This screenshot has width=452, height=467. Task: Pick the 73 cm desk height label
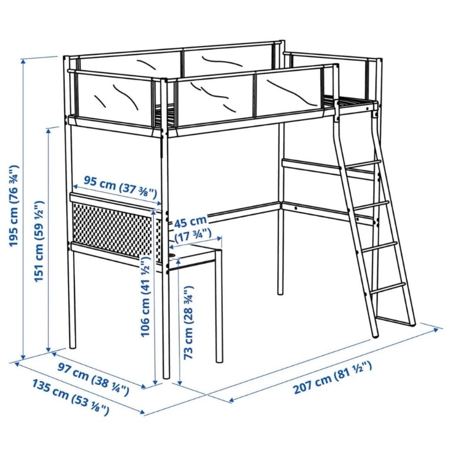point(188,322)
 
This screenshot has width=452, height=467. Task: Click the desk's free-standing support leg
point(219,307)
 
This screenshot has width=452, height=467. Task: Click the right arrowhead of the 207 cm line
point(436,330)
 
